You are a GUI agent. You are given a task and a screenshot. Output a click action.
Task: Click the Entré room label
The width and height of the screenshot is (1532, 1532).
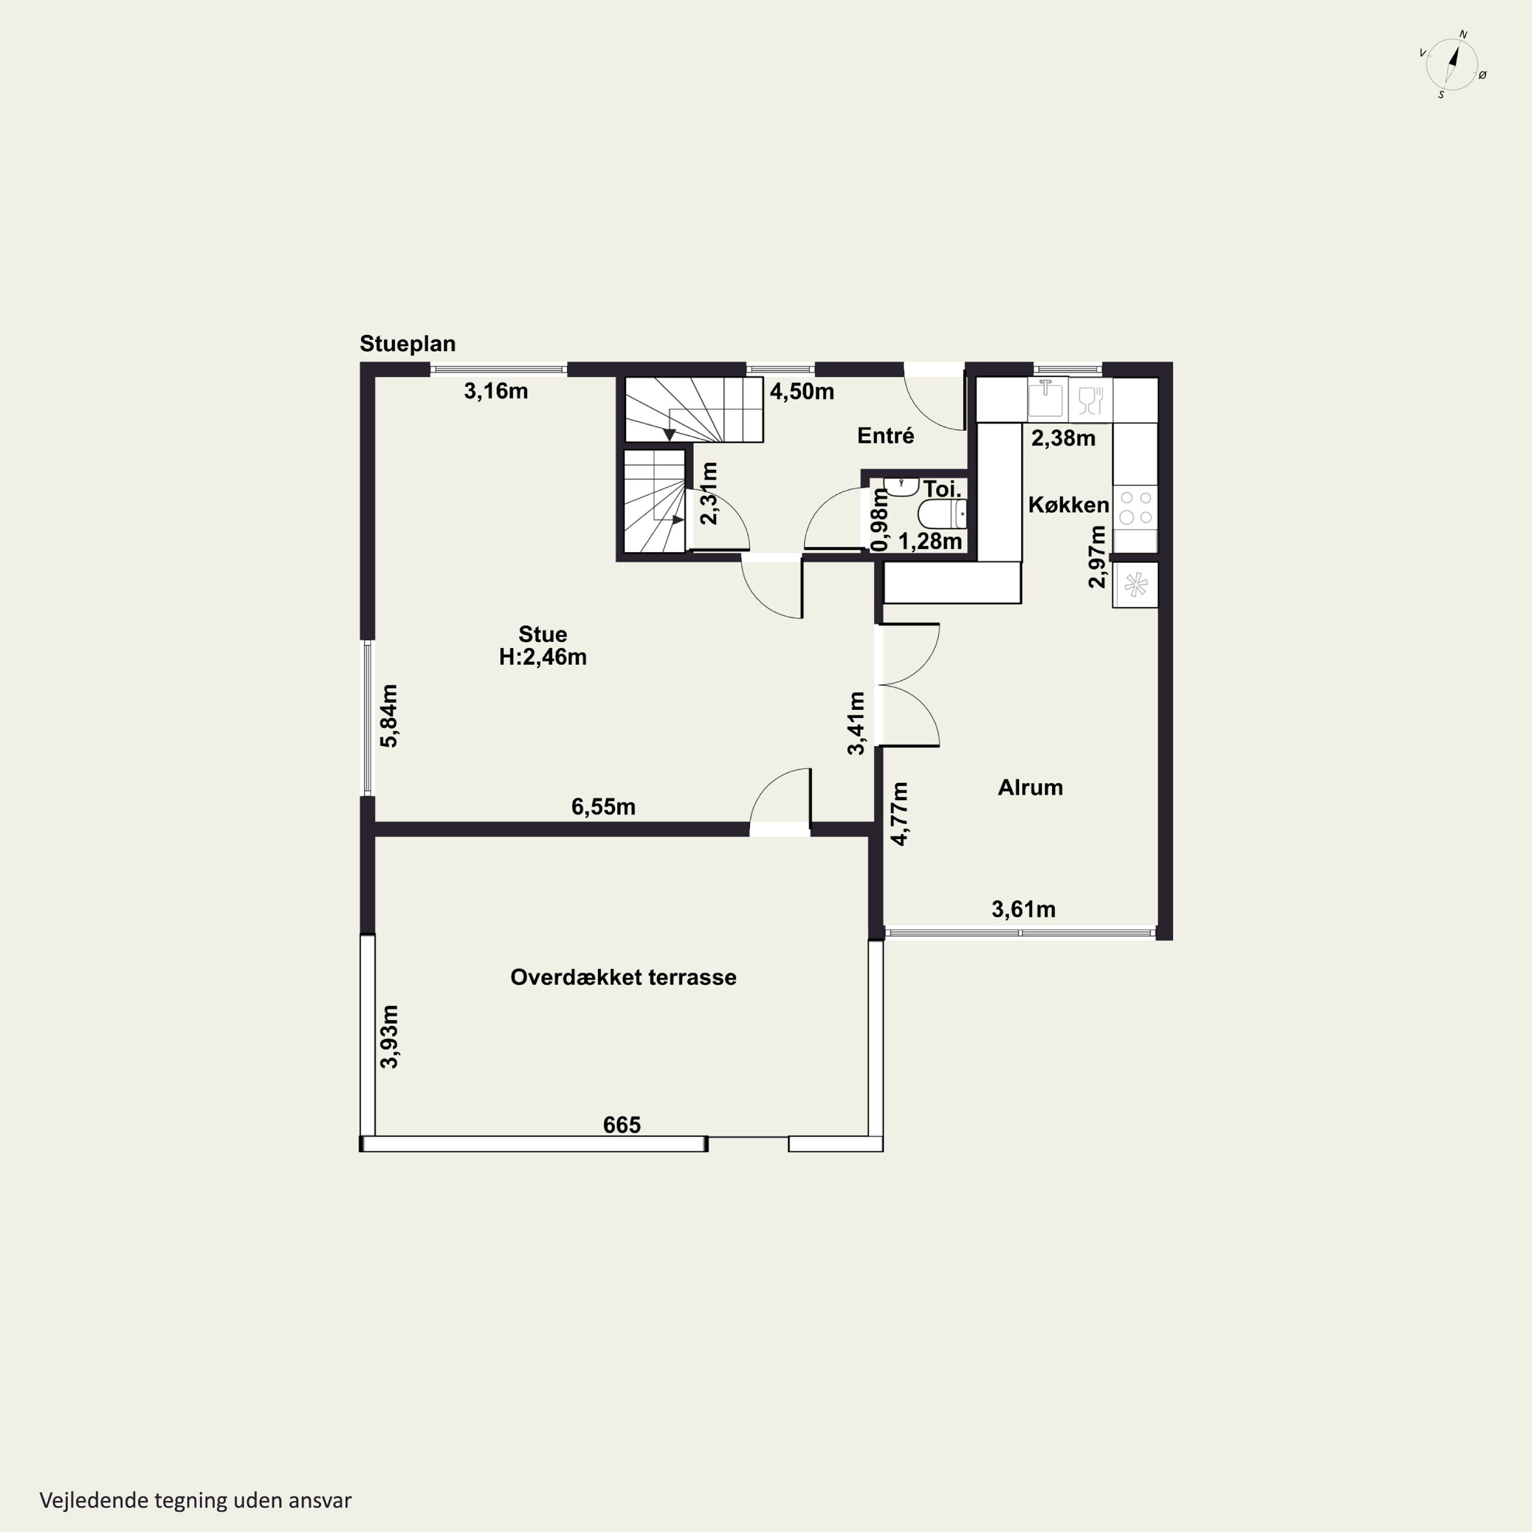885,435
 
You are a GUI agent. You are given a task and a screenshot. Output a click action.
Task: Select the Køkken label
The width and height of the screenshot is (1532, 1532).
1069,505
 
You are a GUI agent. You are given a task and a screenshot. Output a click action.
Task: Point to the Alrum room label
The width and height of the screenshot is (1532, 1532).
1030,787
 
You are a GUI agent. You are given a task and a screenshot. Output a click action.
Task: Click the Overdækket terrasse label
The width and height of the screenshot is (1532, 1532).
623,977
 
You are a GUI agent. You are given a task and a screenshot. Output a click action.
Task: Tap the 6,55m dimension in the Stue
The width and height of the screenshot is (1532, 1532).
604,806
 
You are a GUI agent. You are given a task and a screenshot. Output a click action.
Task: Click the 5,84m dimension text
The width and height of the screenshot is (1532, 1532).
389,715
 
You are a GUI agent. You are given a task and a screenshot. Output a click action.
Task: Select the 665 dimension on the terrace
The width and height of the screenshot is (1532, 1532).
621,1124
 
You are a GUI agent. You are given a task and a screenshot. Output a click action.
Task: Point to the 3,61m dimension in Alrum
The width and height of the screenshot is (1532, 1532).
1024,909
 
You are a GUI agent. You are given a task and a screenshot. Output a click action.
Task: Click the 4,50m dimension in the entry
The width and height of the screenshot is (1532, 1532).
802,391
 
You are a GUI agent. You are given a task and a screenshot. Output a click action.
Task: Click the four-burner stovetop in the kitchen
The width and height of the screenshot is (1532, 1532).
1136,508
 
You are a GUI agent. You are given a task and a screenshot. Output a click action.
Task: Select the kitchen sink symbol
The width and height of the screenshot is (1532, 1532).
1047,399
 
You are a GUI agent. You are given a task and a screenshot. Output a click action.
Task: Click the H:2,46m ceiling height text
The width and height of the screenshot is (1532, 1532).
543,657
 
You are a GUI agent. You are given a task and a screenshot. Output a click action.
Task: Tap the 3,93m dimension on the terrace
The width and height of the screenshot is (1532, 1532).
389,1037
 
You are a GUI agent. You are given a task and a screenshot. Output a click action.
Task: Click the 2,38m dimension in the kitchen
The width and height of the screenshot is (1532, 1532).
1063,438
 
